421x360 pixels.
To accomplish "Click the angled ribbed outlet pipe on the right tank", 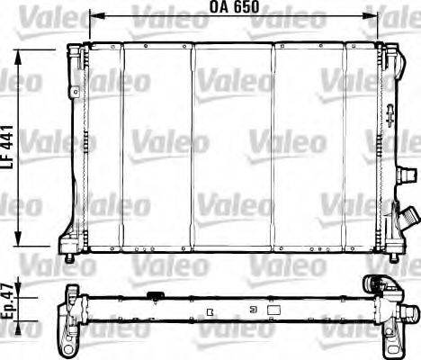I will coord(408,218).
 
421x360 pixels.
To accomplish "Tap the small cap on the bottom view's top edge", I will coord(155,294).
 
